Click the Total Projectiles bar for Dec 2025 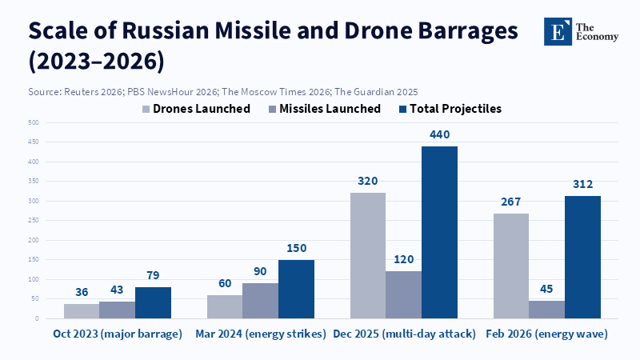pyautogui.click(x=439, y=232)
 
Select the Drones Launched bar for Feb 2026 pyautogui.click(x=510, y=266)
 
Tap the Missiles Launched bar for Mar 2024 pyautogui.click(x=260, y=300)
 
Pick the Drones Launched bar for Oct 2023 pyautogui.click(x=82, y=310)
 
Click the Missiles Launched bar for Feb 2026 pyautogui.click(x=546, y=309)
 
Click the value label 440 pyautogui.click(x=439, y=134)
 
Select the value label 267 pyautogui.click(x=510, y=202)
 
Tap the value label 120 pyautogui.click(x=403, y=260)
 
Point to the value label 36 pyautogui.click(x=82, y=292)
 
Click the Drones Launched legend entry pyautogui.click(x=196, y=109)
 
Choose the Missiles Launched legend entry pyautogui.click(x=322, y=109)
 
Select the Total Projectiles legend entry pyautogui.click(x=447, y=109)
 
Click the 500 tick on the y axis pyautogui.click(x=34, y=122)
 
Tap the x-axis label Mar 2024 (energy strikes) pyautogui.click(x=261, y=334)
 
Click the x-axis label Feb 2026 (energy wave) pyautogui.click(x=546, y=334)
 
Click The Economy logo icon pyautogui.click(x=558, y=31)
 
